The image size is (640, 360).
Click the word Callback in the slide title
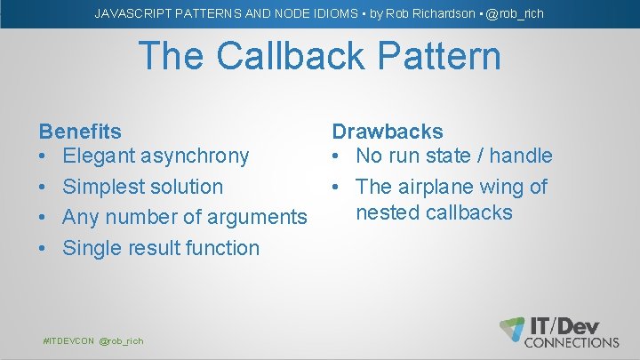(x=295, y=57)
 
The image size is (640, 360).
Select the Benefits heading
(x=80, y=132)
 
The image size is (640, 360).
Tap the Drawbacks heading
(x=388, y=132)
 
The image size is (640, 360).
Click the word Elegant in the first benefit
(x=99, y=156)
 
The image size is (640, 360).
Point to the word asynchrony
(x=195, y=156)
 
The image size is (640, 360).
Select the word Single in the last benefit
(x=91, y=248)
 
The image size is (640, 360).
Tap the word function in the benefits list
(x=222, y=248)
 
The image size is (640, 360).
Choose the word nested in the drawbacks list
(x=388, y=212)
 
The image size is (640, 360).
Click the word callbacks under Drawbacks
(x=469, y=212)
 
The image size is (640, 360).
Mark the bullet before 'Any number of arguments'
(x=44, y=218)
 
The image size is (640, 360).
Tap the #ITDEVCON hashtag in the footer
(x=68, y=341)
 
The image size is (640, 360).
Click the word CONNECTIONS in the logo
(x=572, y=342)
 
